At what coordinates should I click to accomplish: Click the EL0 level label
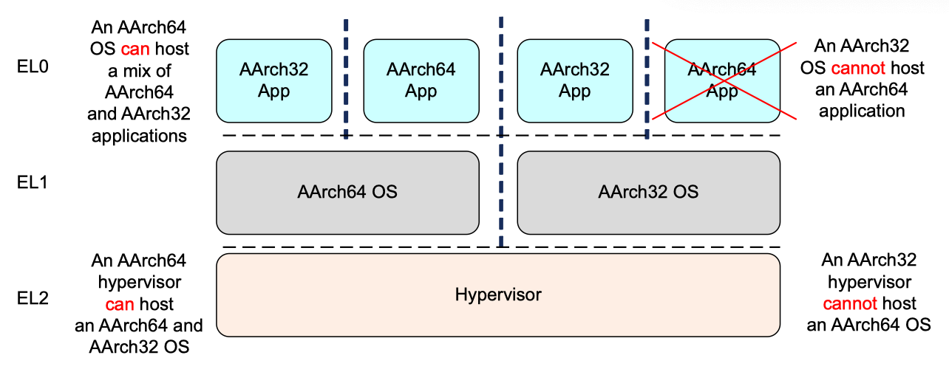[x=33, y=67]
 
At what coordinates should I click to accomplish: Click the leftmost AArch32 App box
[x=274, y=80]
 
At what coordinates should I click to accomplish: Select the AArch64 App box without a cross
[x=421, y=80]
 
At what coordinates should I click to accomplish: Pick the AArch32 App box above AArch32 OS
[x=574, y=80]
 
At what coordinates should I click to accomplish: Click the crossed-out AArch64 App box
[x=722, y=80]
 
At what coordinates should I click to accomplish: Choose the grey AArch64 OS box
[x=347, y=192]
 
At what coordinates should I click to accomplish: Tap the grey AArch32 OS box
[x=648, y=192]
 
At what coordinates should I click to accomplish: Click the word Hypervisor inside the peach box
[x=497, y=295]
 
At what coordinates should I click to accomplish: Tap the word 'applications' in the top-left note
[x=139, y=136]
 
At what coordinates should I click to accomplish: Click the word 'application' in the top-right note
[x=863, y=111]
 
